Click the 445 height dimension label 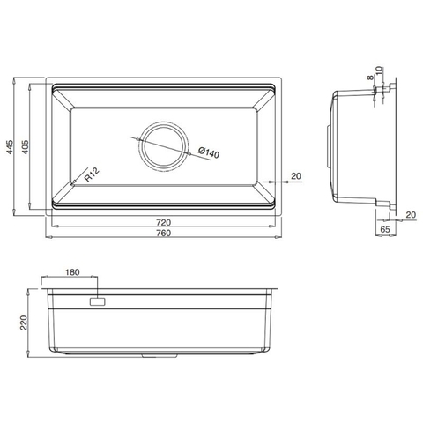click(10, 148)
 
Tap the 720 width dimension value click(163, 221)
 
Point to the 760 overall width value click(163, 234)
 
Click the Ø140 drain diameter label click(209, 152)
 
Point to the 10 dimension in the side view click(377, 70)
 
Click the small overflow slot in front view click(95, 301)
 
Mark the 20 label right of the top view click(295, 176)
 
